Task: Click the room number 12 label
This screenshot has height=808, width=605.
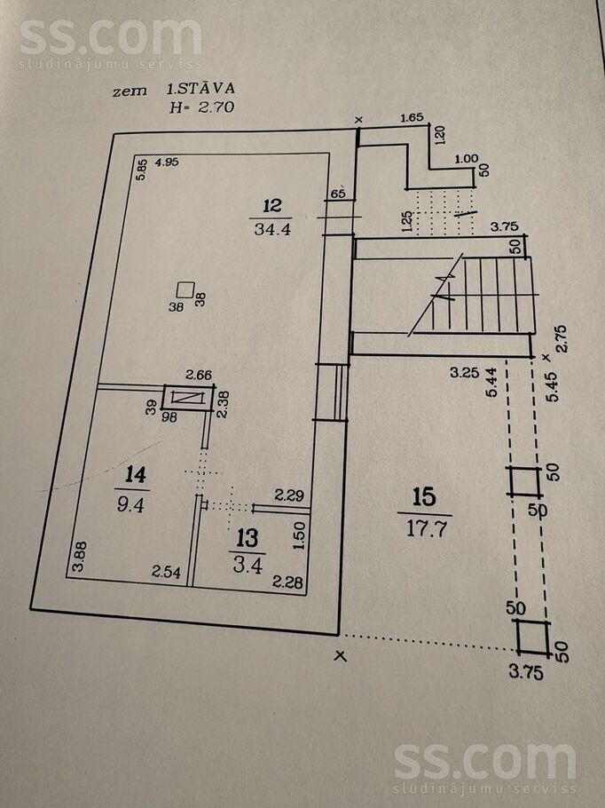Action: (x=272, y=206)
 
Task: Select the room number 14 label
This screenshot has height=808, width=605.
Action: (x=135, y=475)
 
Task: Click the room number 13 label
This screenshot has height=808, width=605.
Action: (x=247, y=537)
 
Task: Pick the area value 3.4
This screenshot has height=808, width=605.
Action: (x=247, y=563)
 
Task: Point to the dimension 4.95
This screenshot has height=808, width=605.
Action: (x=168, y=162)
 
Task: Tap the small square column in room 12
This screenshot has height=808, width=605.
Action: (x=185, y=289)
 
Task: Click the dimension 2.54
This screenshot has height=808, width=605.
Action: (x=166, y=573)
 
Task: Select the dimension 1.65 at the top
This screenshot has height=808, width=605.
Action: (x=412, y=117)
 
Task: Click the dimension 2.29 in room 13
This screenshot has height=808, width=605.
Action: (x=289, y=495)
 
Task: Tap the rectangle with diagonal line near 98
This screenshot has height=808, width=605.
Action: (x=188, y=397)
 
